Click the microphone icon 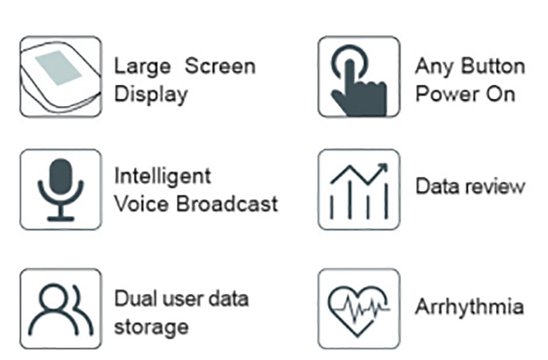click(60, 189)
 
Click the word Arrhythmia click(469, 307)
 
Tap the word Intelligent click(153, 176)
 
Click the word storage click(151, 326)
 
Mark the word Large click(142, 66)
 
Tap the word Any click(433, 66)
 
